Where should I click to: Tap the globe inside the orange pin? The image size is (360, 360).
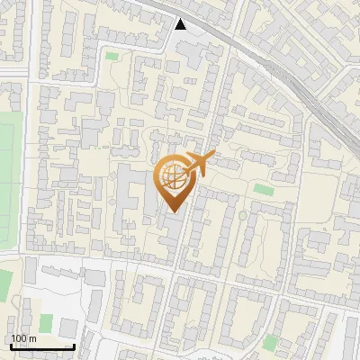(x=173, y=177)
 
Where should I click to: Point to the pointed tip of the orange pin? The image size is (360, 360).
(x=173, y=212)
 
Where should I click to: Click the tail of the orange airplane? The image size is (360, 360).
(x=210, y=157)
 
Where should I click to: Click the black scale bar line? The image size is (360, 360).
(x=41, y=346)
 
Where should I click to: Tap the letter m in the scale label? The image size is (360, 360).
(x=31, y=338)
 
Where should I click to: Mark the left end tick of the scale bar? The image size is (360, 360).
(x=10, y=346)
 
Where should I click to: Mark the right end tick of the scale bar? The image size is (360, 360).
(x=73, y=346)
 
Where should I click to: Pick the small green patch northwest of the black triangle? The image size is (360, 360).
(x=112, y=57)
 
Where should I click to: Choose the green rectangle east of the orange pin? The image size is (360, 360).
(x=263, y=190)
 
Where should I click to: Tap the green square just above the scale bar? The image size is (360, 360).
(x=45, y=322)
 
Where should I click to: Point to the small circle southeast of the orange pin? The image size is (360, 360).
(x=241, y=216)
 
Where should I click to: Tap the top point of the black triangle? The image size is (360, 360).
(x=182, y=19)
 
